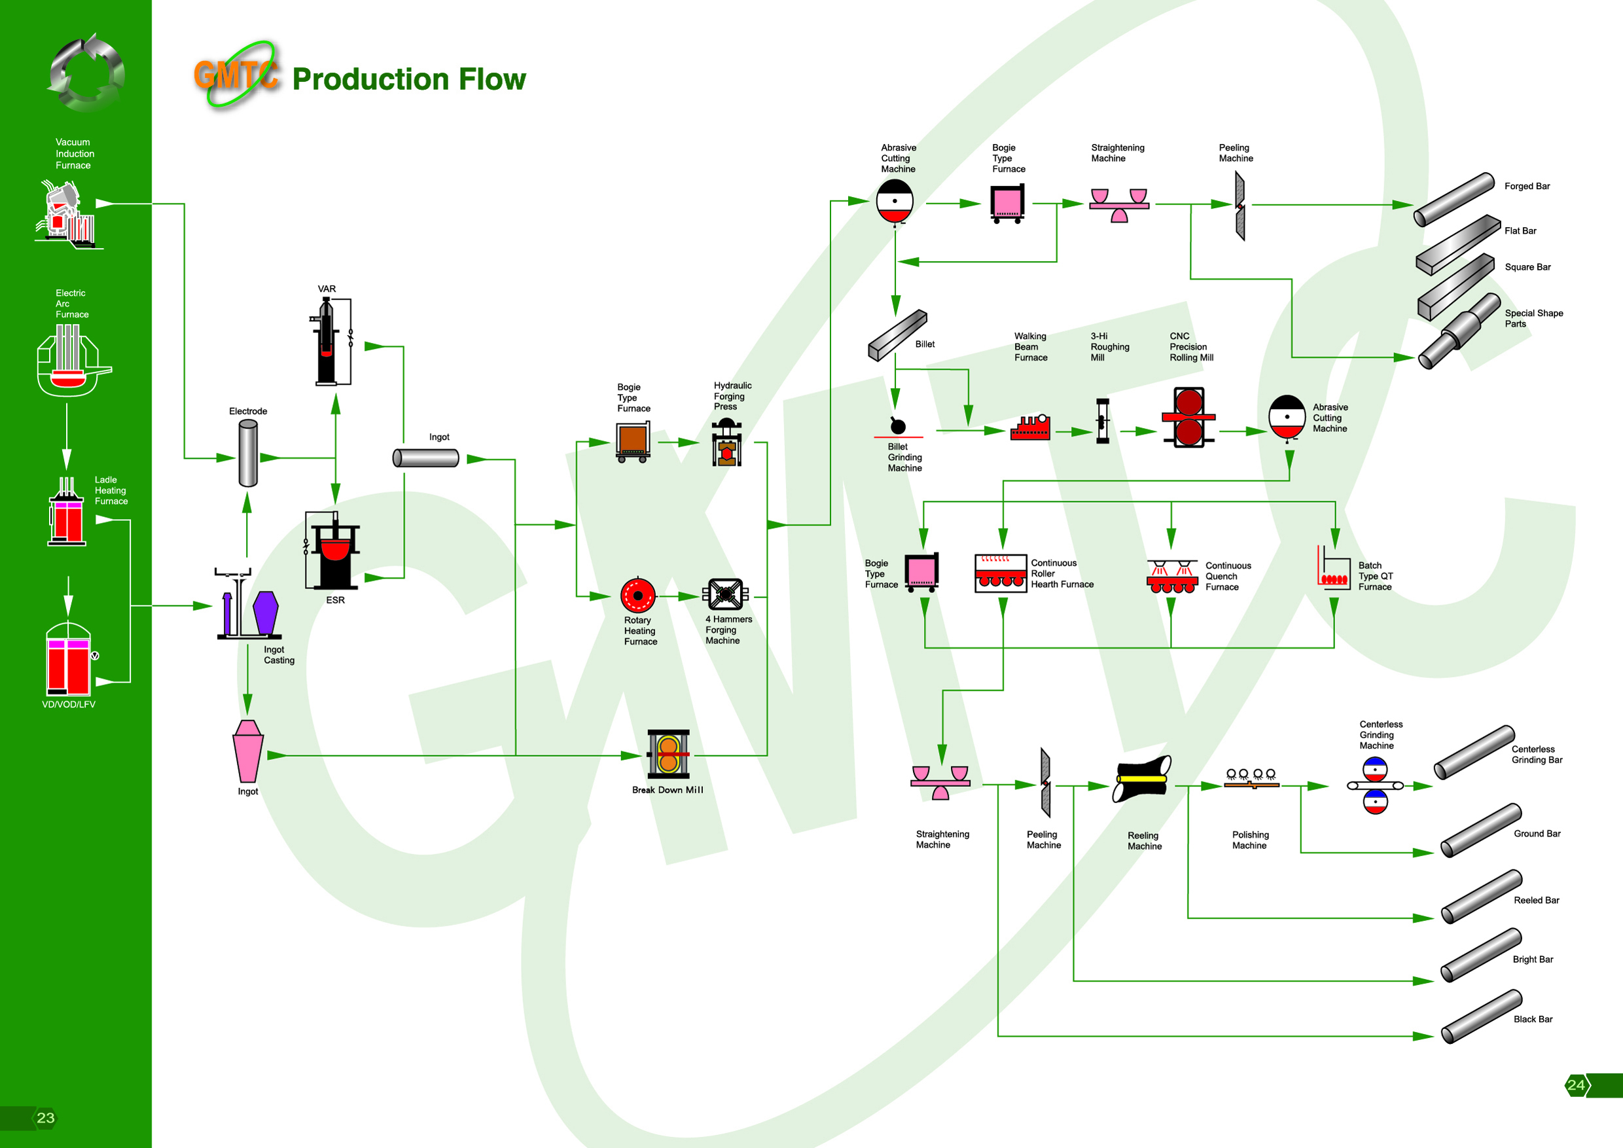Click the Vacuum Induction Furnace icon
68,213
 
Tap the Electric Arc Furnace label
71,304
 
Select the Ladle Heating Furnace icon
67,512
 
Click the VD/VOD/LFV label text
69,705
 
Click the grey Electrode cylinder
248,453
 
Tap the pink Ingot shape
248,751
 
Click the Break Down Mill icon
668,753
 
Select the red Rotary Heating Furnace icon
637,595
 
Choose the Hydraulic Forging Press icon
726,442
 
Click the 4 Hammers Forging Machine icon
725,594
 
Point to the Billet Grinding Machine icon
898,426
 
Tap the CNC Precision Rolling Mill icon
1189,417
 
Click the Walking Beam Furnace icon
1031,427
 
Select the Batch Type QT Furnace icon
1332,567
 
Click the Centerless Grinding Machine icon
1375,785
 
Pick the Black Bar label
1533,1019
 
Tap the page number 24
1576,1085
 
